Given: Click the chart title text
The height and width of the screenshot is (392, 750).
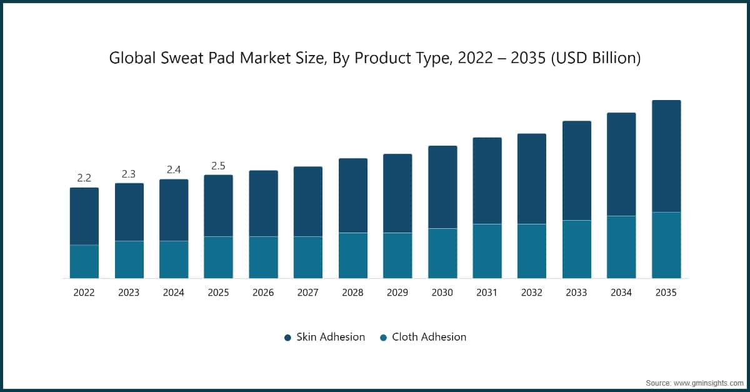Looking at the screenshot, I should pos(375,58).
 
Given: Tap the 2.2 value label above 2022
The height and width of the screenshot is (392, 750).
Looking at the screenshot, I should pos(84,178).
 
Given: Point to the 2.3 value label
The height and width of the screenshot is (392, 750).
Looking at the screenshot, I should pos(129,174).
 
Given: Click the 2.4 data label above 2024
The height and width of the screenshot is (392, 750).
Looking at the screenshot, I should pos(174,169).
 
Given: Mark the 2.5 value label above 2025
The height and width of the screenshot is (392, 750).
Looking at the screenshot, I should pos(218,166).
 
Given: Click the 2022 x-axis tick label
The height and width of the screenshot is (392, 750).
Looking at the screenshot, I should pos(84,293).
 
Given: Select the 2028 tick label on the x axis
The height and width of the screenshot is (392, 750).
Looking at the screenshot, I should pos(352,293).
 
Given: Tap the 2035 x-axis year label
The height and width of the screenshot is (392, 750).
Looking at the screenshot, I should pos(666,293).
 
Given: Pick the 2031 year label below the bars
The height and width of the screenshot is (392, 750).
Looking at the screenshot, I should pos(487,293).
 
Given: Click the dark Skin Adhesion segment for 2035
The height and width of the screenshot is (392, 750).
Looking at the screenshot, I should pos(666,156).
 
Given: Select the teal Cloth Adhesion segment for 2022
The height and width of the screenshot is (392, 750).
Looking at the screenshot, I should pos(84,261).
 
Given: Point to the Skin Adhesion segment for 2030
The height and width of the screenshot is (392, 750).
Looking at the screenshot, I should pos(442,187).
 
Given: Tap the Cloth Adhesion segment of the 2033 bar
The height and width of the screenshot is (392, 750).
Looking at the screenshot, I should pos(577,249).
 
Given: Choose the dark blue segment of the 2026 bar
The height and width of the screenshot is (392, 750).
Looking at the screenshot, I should pos(263,203).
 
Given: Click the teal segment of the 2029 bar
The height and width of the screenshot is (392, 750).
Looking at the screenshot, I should pos(397,255).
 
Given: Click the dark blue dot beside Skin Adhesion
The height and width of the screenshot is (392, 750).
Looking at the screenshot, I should pos(287,338).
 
